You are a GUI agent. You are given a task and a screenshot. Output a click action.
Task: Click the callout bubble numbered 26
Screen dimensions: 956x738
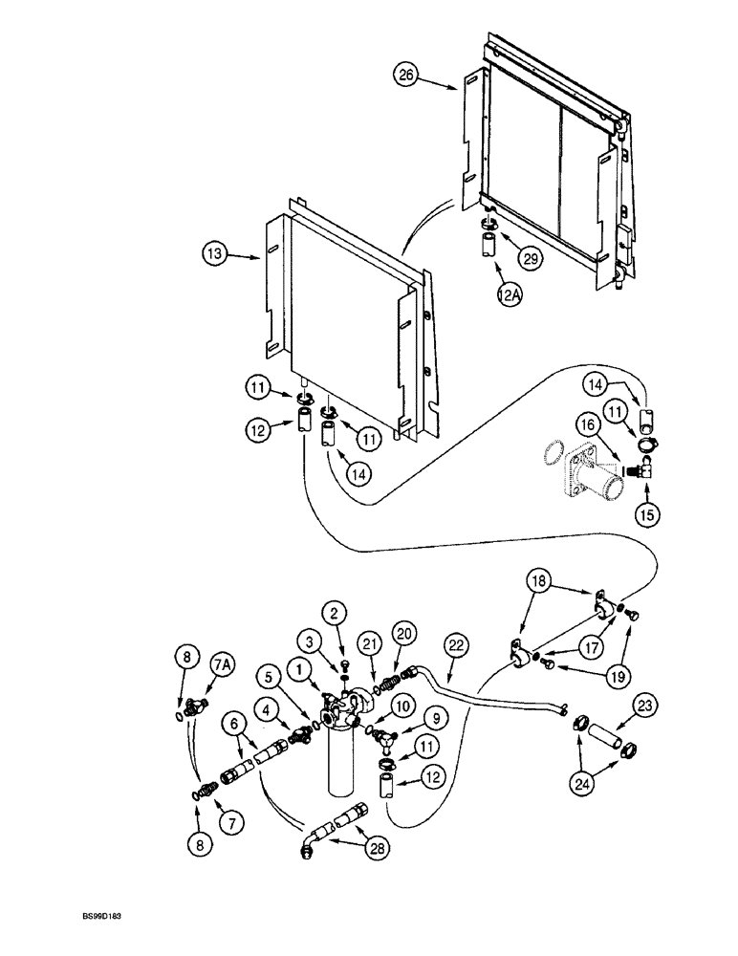tap(407, 75)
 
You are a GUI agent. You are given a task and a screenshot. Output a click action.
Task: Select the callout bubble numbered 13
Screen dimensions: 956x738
tap(216, 255)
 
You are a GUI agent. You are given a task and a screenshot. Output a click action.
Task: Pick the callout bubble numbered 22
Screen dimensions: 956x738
tap(455, 647)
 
